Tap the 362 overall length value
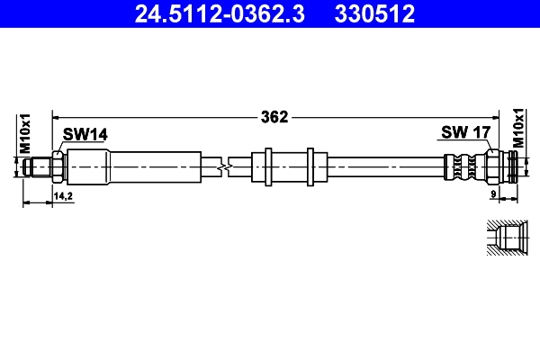pyautogui.click(x=274, y=116)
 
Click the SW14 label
pyautogui.click(x=85, y=134)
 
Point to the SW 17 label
pyautogui.click(x=465, y=133)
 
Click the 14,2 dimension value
pyautogui.click(x=63, y=194)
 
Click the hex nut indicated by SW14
pyautogui.click(x=58, y=166)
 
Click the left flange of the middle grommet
pyautogui.click(x=268, y=166)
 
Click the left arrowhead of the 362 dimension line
pyautogui.click(x=56, y=116)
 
